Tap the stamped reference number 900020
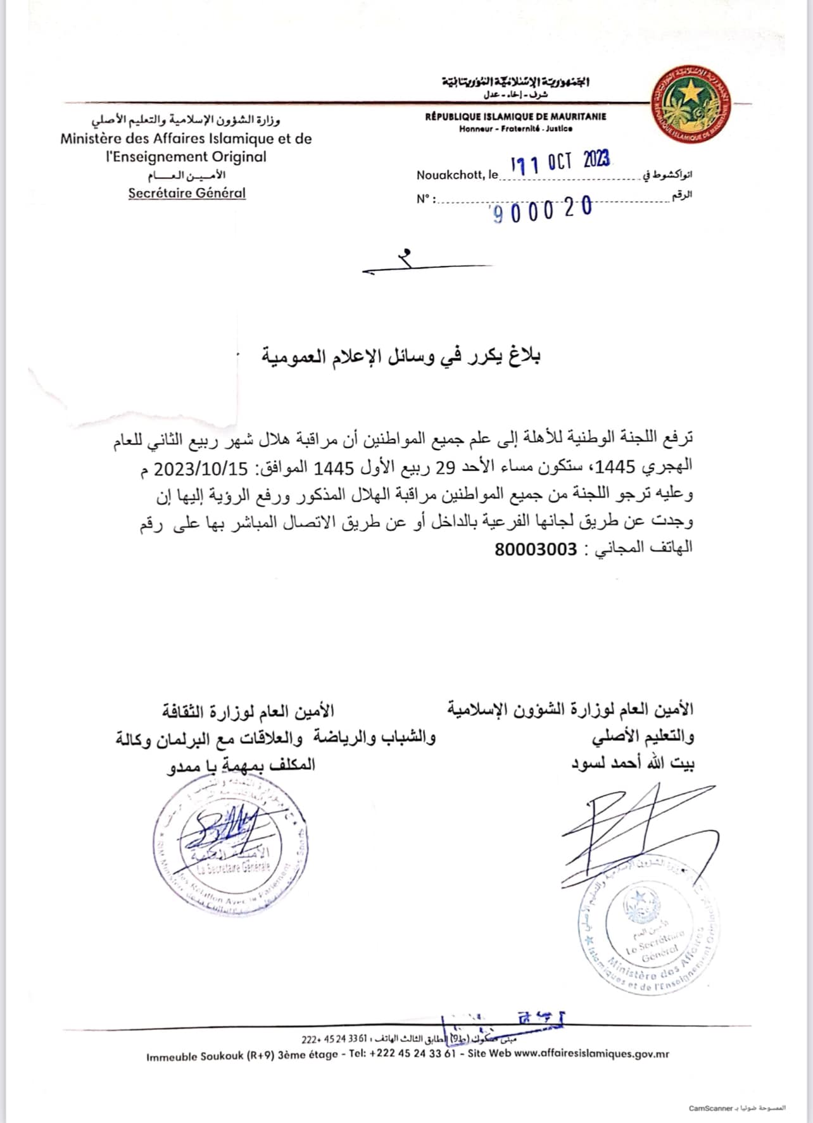click(x=543, y=210)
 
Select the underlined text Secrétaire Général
click(x=187, y=193)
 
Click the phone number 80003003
click(x=536, y=548)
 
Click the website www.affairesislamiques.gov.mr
click(x=591, y=1054)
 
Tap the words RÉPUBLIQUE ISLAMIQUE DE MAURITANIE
click(x=515, y=116)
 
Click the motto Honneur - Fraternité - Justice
click(x=515, y=129)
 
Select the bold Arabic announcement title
click(x=401, y=357)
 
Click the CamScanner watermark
click(x=737, y=1108)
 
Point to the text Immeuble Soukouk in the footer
click(x=194, y=1057)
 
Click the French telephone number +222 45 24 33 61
click(x=412, y=1055)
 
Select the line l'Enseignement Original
click(x=186, y=156)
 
